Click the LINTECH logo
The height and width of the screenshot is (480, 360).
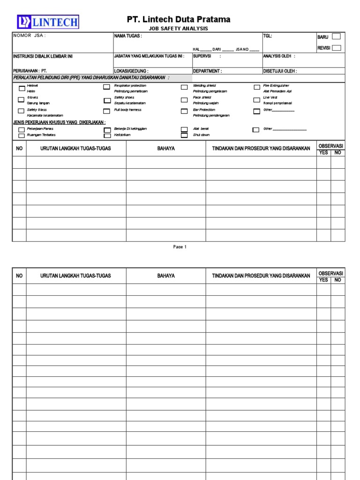48,22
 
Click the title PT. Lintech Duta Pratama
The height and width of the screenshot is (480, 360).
179,19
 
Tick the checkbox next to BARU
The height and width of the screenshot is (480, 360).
336,37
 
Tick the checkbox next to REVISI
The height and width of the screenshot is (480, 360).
336,47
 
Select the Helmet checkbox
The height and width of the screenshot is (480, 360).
22,88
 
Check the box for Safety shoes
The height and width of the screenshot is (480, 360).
107,100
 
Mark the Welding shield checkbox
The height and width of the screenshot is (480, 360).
184,88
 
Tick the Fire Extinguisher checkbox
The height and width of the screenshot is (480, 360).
257,87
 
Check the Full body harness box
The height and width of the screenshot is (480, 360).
107,111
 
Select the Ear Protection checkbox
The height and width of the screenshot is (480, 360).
184,112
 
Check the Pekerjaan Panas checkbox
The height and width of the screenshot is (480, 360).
22,130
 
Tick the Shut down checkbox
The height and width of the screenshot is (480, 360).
184,135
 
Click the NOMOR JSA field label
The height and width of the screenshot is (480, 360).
30,36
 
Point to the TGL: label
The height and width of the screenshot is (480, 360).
267,36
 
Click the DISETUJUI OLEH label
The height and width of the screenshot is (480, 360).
280,71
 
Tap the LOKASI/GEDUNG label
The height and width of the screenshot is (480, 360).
131,71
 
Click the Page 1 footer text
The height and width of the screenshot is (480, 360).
180,247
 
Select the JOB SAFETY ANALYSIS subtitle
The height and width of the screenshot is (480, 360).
179,29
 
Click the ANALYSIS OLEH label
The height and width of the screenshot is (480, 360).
279,56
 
